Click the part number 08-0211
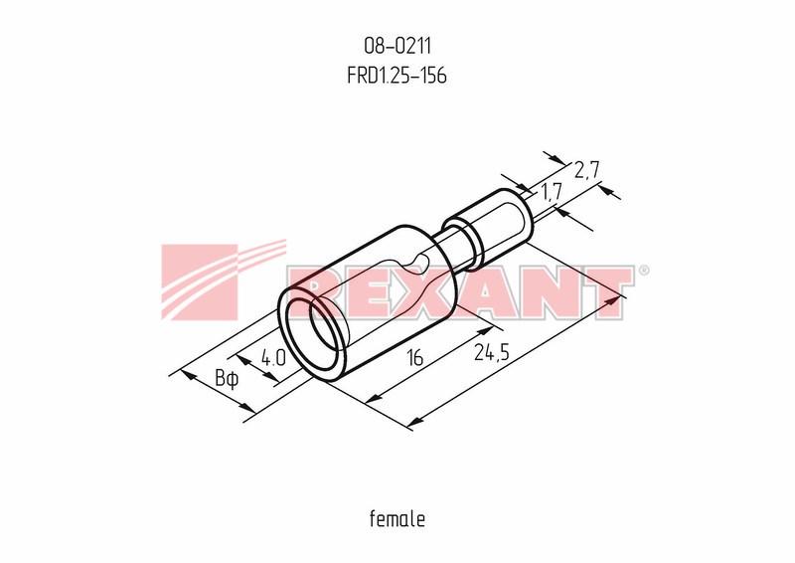(x=397, y=46)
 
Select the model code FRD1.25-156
(x=397, y=76)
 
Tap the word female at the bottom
(x=397, y=519)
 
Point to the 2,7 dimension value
(x=587, y=170)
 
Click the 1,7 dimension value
(x=552, y=192)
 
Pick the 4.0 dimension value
(x=274, y=358)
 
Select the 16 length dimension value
(x=414, y=358)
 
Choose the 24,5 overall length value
(x=492, y=352)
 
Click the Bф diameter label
(x=227, y=379)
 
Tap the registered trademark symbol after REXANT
(x=643, y=271)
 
